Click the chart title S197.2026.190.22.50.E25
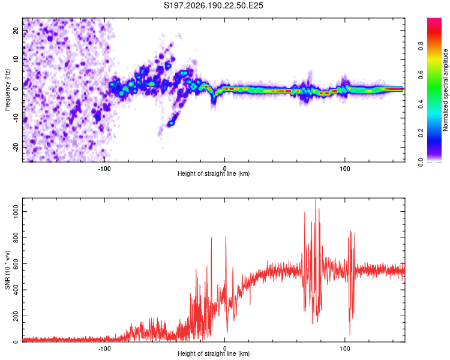(213, 5)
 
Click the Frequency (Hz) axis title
(7, 90)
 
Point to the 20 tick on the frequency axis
(16, 31)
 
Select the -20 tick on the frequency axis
(16, 147)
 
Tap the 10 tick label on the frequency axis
(16, 59)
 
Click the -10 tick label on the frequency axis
(16, 118)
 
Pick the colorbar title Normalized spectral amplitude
(445, 90)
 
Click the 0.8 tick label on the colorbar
(421, 46)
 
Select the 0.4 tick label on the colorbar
(421, 104)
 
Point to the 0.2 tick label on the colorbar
(421, 133)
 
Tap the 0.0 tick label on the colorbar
(421, 162)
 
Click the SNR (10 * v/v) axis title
(7, 270)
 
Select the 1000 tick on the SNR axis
(16, 212)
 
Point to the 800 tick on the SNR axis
(16, 238)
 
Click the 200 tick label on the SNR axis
(16, 316)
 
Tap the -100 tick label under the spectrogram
(104, 169)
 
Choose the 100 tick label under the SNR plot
(344, 349)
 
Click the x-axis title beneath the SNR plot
(214, 353)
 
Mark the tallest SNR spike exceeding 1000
(316, 199)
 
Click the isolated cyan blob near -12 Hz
(172, 123)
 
